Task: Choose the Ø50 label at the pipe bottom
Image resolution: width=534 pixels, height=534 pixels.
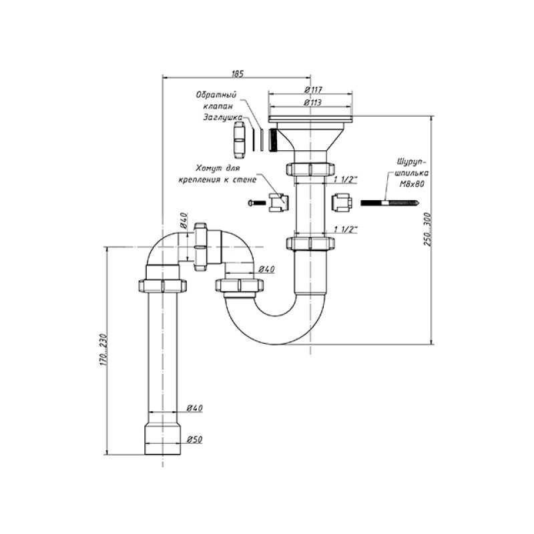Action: [x=194, y=439]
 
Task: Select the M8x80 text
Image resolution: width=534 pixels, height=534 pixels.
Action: [x=409, y=185]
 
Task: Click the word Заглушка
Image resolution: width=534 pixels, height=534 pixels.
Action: [x=222, y=117]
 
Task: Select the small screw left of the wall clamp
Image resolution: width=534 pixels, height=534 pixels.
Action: [x=254, y=202]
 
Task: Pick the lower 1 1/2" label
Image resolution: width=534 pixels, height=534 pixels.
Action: [x=346, y=229]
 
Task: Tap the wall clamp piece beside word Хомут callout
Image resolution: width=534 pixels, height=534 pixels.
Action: [x=278, y=201]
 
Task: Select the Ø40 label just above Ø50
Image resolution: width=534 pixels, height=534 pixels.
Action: [x=194, y=407]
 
